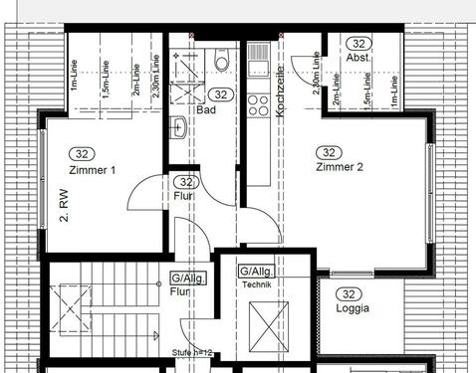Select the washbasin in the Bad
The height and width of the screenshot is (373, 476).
[177, 127]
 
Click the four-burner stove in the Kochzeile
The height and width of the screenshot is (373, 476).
[258, 103]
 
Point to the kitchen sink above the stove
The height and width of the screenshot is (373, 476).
[258, 66]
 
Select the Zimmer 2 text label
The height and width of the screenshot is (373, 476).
[339, 167]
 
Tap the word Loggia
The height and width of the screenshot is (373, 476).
[353, 308]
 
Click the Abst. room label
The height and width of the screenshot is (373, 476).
[358, 58]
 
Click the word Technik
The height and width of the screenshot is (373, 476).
[255, 284]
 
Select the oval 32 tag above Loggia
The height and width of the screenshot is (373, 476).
[349, 293]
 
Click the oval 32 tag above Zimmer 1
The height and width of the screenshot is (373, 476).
[81, 154]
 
